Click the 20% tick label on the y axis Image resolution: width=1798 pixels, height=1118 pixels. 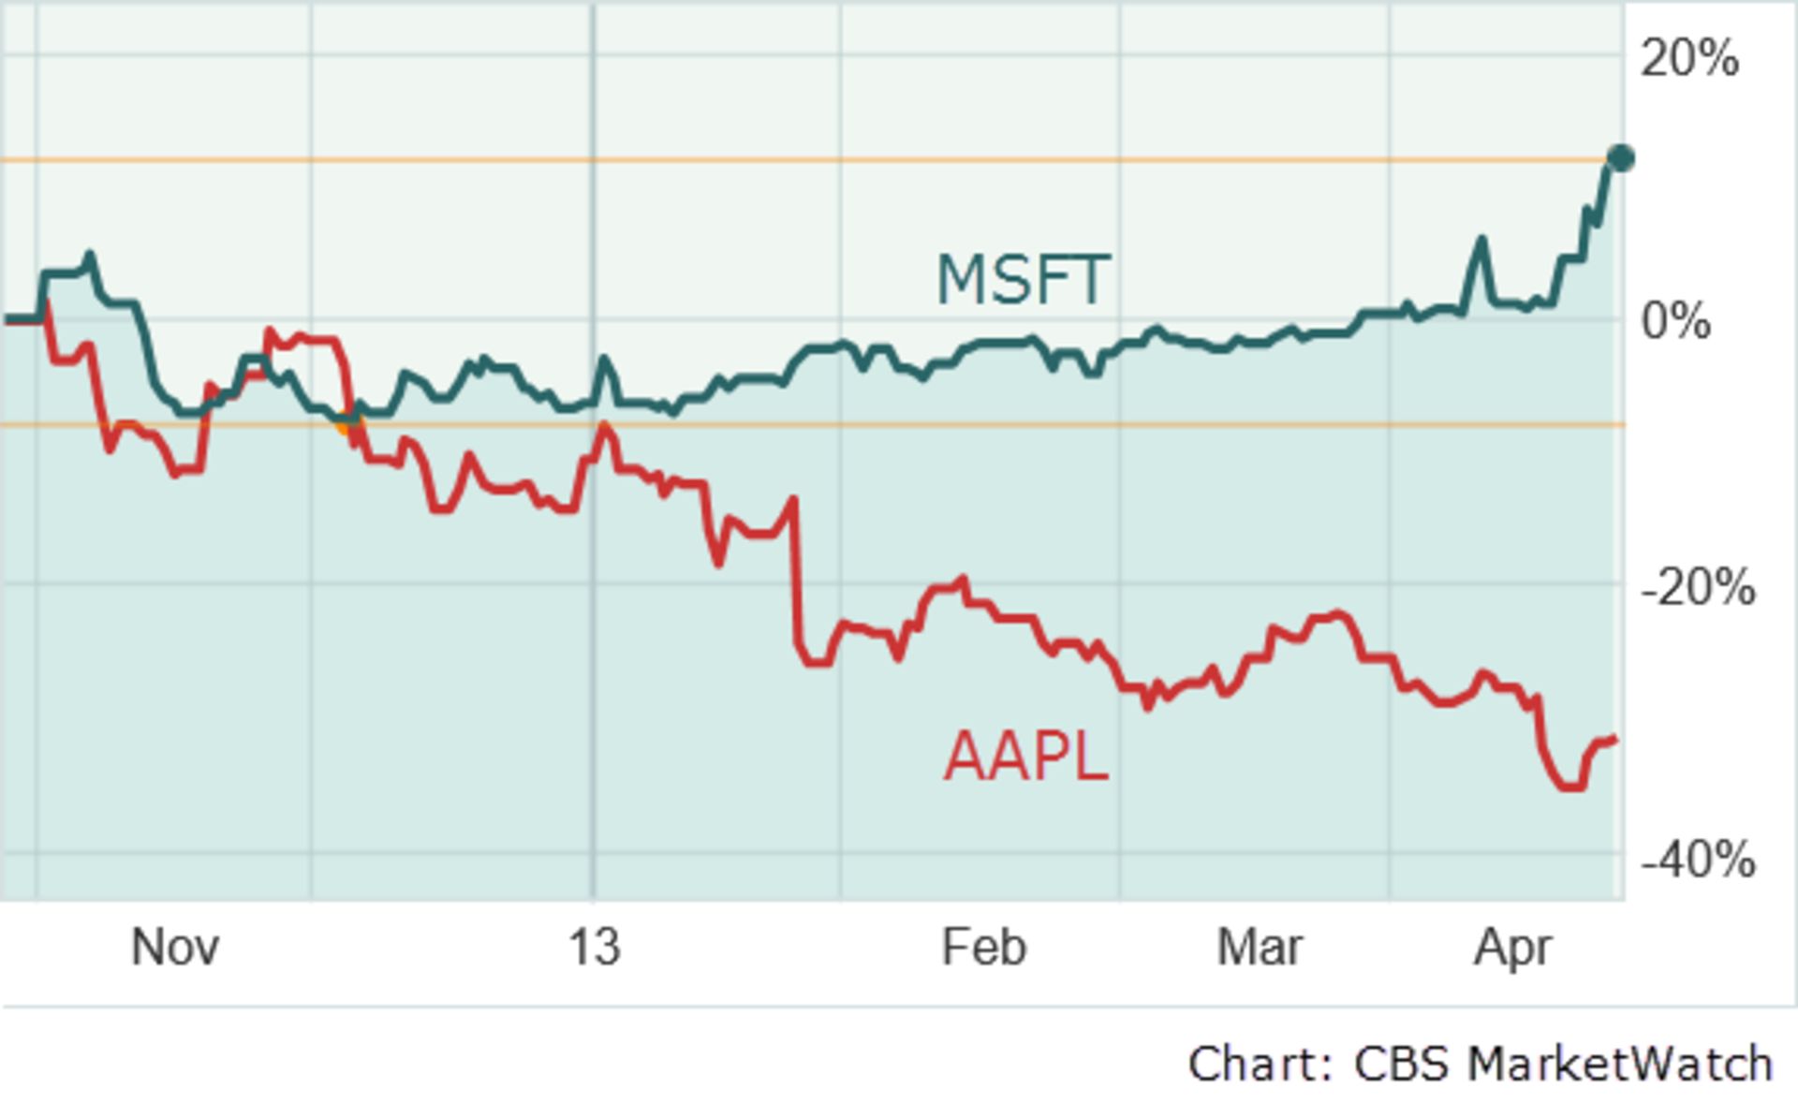[x=1689, y=58]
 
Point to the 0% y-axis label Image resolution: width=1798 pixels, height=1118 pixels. [x=1675, y=321]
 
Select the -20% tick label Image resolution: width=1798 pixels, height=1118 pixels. [x=1698, y=588]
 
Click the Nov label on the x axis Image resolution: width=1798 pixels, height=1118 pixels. [x=175, y=947]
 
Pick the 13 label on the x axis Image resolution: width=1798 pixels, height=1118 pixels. [x=594, y=947]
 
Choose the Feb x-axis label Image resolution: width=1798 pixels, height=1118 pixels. [x=983, y=947]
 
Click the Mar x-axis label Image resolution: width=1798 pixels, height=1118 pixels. [x=1259, y=947]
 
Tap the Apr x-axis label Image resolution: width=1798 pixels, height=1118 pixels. [x=1512, y=947]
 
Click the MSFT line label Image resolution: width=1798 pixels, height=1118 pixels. [x=1024, y=279]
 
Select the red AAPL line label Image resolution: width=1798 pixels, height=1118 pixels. [x=1025, y=757]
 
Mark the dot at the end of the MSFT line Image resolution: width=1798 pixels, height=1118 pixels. [x=1621, y=158]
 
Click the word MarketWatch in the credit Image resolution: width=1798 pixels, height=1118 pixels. [x=1620, y=1065]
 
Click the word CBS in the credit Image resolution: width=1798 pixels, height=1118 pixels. [x=1401, y=1065]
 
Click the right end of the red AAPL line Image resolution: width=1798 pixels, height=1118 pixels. [x=1614, y=740]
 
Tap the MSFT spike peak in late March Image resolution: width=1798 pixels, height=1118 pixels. [x=1481, y=241]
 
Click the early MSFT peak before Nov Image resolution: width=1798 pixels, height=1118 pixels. [x=89, y=254]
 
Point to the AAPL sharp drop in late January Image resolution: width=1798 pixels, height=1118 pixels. [x=797, y=581]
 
